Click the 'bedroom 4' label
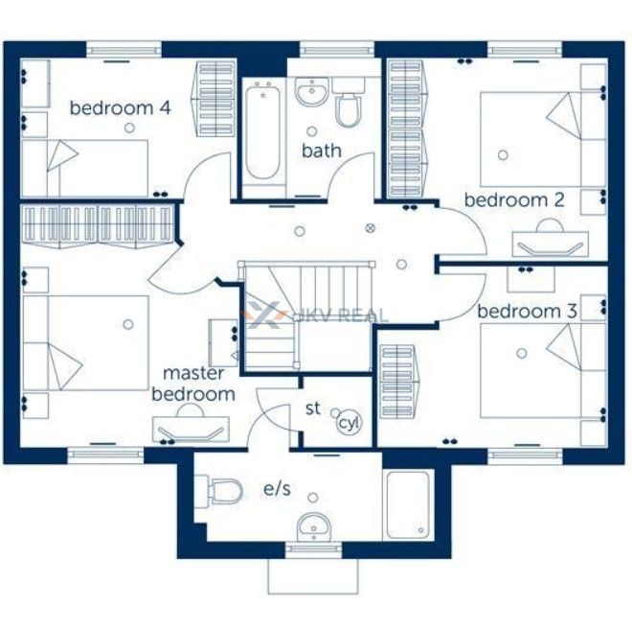pyautogui.click(x=120, y=108)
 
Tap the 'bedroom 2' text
pyautogui.click(x=514, y=200)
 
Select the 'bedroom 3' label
pyautogui.click(x=528, y=312)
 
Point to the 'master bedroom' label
pyautogui.click(x=193, y=384)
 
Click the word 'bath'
pyautogui.click(x=321, y=151)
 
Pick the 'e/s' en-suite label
pyautogui.click(x=277, y=489)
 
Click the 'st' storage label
pyautogui.click(x=313, y=408)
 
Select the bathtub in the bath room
pyautogui.click(x=263, y=132)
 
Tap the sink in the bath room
pyautogui.click(x=311, y=92)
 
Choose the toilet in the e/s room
pyautogui.click(x=218, y=491)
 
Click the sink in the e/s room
pyautogui.click(x=314, y=527)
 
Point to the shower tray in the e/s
pyautogui.click(x=408, y=504)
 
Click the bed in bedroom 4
pyautogui.click(x=84, y=168)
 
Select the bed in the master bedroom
pyautogui.click(x=86, y=343)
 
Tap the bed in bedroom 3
pyautogui.click(x=543, y=371)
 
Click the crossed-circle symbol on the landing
pyautogui.click(x=370, y=228)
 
